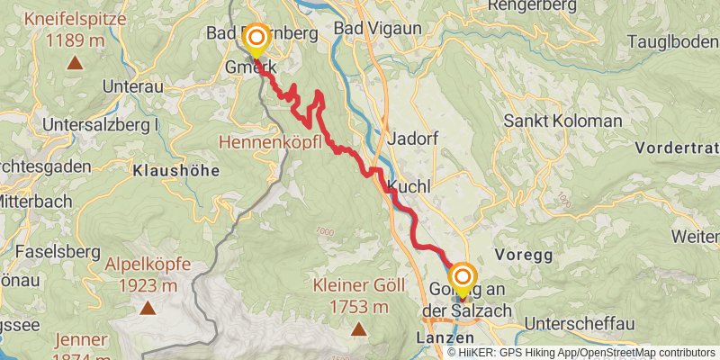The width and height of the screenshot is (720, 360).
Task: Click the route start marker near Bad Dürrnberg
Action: click(256, 39)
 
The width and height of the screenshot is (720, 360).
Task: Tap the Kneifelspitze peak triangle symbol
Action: click(74, 64)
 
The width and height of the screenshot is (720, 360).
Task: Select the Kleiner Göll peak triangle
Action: click(358, 329)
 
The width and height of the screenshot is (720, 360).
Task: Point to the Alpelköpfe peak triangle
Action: click(147, 308)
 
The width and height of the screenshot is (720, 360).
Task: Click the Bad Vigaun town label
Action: click(377, 30)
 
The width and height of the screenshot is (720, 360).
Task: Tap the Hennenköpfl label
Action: click(270, 142)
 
